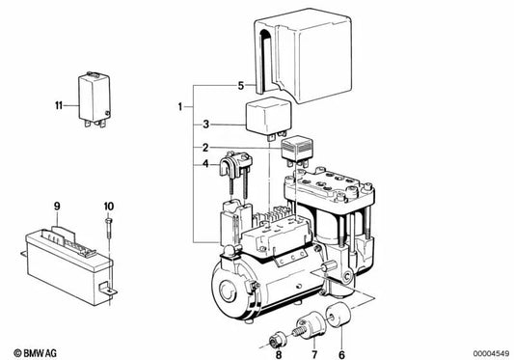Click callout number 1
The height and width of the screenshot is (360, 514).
(178, 104)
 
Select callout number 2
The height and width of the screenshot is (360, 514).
(205, 147)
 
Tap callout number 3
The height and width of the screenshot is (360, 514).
(205, 125)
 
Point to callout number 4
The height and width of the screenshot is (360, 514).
(205, 164)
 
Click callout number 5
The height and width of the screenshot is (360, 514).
(240, 87)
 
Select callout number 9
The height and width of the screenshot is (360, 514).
(57, 206)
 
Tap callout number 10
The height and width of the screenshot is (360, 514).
(109, 206)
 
